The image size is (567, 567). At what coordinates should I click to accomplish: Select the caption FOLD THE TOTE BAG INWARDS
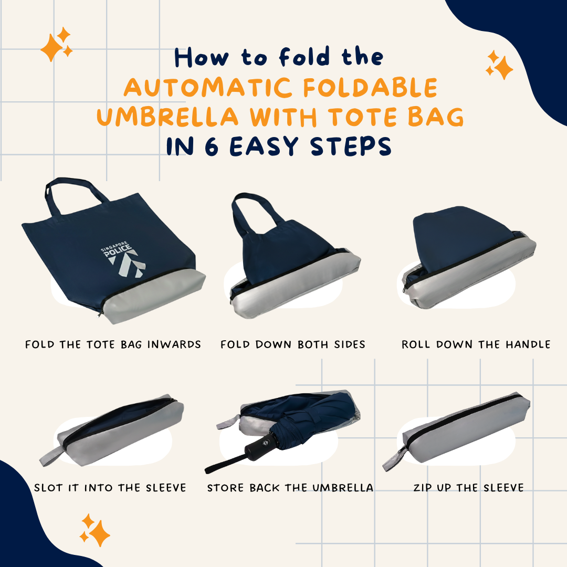tap(113, 345)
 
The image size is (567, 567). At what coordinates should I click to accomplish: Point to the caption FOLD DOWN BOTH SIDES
tap(293, 345)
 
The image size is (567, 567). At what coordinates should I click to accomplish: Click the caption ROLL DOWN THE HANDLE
tap(476, 345)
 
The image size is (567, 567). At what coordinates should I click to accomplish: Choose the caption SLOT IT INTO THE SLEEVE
tap(110, 488)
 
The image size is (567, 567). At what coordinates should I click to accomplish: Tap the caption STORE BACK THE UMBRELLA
tap(290, 488)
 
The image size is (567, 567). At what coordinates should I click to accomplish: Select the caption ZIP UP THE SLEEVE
tap(468, 488)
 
